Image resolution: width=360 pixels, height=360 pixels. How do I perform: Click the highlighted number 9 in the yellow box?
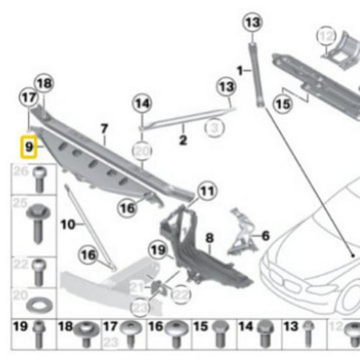[29, 147]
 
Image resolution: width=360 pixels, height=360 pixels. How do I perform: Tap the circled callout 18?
[44, 83]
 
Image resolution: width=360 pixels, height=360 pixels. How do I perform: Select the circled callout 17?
[27, 98]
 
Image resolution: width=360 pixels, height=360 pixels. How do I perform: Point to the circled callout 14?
[142, 103]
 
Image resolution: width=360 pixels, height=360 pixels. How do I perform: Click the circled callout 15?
[283, 103]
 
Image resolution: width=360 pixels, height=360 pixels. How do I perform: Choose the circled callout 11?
[206, 192]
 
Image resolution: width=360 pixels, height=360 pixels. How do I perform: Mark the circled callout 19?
[158, 249]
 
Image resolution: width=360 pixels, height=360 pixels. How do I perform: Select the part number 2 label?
[183, 139]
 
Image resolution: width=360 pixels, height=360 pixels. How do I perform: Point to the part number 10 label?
[67, 225]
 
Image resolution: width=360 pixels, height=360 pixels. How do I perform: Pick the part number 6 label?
[265, 234]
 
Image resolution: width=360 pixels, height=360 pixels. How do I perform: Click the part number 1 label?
[240, 69]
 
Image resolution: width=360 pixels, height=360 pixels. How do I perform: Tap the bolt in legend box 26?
[39, 178]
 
